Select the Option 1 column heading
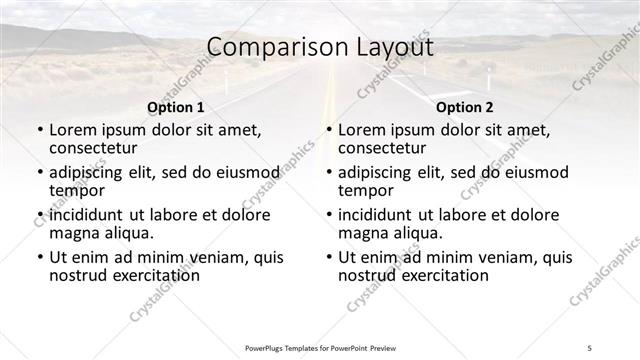[175, 107]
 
